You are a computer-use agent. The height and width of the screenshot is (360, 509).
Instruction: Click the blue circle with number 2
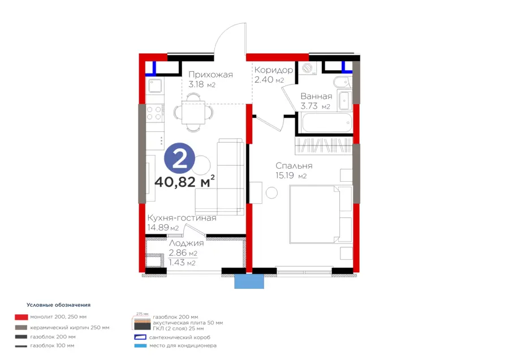coord(179,158)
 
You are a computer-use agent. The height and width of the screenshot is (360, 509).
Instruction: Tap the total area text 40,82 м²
coord(184,181)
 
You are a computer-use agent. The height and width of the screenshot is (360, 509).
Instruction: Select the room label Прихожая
coord(211,75)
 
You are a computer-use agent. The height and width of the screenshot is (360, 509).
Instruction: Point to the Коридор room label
coord(274,70)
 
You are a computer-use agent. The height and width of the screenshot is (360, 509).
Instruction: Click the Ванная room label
coord(316,96)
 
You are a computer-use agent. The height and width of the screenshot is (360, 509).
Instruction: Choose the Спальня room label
coord(294,166)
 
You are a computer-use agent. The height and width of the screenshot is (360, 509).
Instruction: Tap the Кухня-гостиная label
coord(182,218)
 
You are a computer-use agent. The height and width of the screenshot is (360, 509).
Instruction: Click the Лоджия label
coord(186,243)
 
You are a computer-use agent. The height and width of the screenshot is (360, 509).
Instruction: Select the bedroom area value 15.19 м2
coord(291,176)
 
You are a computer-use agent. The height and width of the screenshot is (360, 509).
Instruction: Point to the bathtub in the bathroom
coord(326,123)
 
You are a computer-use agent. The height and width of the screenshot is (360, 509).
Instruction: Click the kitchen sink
coord(155,86)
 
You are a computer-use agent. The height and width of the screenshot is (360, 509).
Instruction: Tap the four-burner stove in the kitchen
coord(154,113)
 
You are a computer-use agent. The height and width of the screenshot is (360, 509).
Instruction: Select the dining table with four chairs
coord(193,113)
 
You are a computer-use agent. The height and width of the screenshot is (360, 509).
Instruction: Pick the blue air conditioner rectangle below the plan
coord(249,281)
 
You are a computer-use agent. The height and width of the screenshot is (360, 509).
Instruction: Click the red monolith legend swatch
coord(21,317)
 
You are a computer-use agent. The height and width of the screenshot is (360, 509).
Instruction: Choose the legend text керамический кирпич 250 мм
coord(70,328)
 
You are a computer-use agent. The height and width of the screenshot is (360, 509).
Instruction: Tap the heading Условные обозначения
coord(58,305)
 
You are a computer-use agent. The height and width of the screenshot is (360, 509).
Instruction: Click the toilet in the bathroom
coord(342,82)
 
